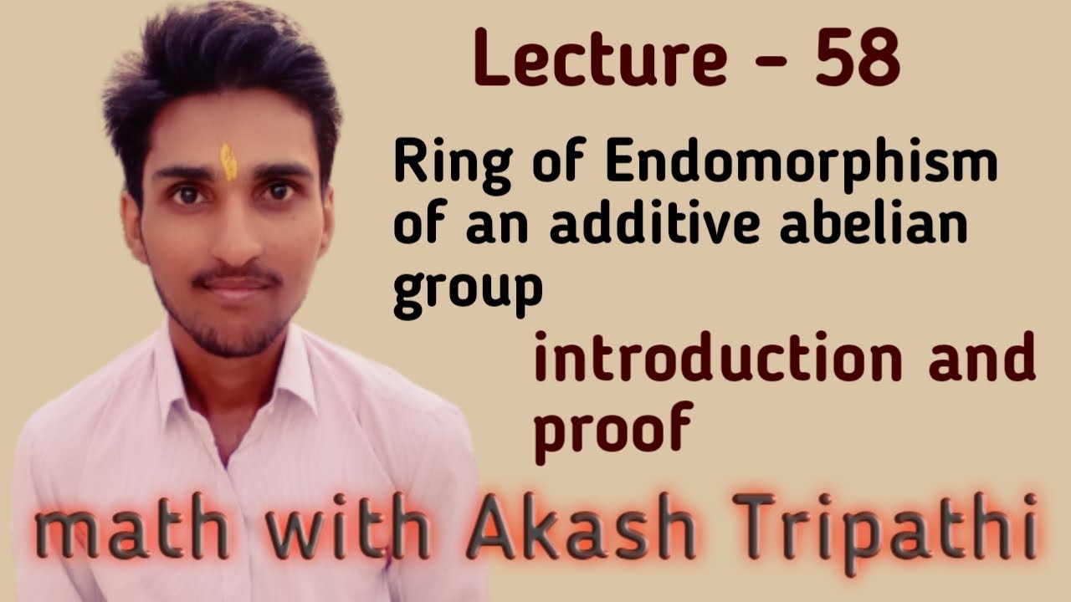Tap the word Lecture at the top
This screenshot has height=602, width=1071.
click(600, 59)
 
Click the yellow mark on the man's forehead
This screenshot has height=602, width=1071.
click(228, 161)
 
